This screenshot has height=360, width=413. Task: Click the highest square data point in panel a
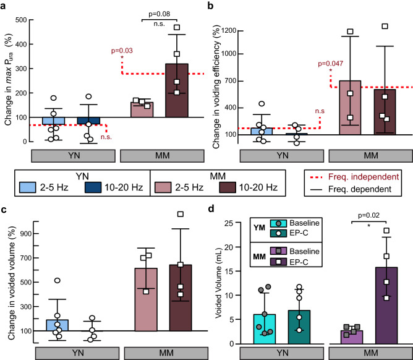pos(177,27)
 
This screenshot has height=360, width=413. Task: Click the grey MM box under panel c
pos(160,353)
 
